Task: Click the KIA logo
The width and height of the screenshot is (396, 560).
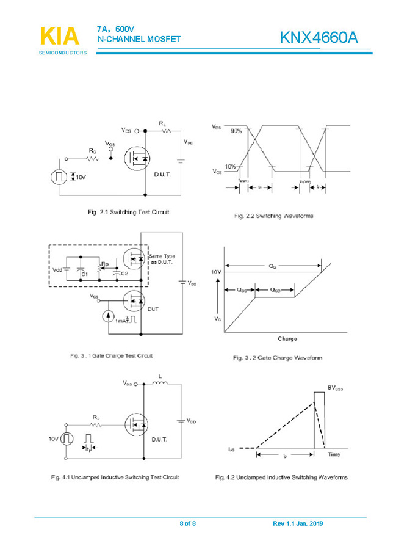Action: (59, 36)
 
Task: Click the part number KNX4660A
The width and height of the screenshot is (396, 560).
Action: (319, 38)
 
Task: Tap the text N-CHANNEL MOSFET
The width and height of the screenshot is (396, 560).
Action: (139, 39)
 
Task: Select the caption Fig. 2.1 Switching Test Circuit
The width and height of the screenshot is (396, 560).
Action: (128, 212)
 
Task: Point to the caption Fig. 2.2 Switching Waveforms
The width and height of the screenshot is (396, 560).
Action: (274, 216)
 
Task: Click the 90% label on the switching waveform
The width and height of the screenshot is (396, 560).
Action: (236, 131)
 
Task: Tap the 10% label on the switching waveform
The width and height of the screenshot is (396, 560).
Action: (230, 167)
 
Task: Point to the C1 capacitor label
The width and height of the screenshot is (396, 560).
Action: (85, 275)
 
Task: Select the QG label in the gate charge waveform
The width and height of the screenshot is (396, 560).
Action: (272, 266)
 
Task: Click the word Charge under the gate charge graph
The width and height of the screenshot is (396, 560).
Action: (287, 338)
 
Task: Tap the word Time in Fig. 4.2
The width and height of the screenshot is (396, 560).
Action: (334, 455)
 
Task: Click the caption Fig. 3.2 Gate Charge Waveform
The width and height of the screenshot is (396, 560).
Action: (277, 358)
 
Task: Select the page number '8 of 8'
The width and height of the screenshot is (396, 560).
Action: (187, 524)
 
